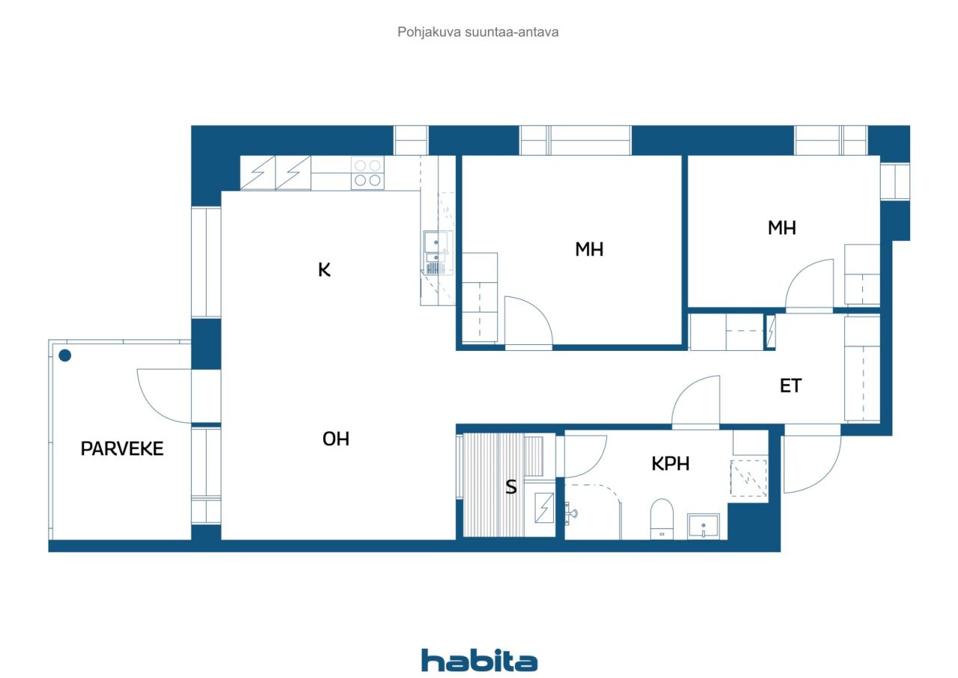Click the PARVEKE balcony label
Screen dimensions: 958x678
[x=122, y=449]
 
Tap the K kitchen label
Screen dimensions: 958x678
[x=324, y=269]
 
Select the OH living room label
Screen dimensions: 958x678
[x=336, y=439]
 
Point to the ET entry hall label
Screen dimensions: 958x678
[x=790, y=386]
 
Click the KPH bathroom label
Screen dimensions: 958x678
[x=670, y=464]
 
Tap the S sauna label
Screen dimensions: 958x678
[x=511, y=486]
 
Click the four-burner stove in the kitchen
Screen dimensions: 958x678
[x=367, y=173]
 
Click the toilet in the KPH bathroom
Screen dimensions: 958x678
[x=662, y=519]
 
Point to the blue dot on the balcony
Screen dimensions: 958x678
[x=65, y=355]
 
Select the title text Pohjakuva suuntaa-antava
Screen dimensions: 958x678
[x=478, y=32]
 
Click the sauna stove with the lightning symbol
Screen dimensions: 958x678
[x=544, y=507]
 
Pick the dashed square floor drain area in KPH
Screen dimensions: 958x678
[x=748, y=478]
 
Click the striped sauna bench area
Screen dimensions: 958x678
[x=493, y=485]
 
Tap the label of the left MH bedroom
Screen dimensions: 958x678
[x=589, y=249]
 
